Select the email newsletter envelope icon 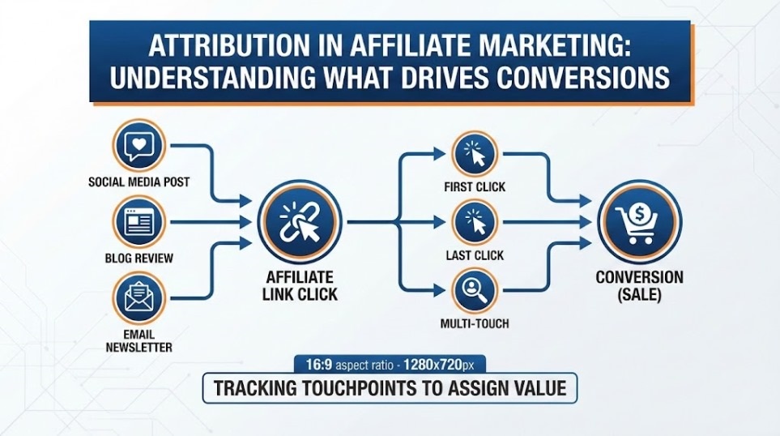(140, 297)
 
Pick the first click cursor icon (475, 153)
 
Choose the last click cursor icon (475, 222)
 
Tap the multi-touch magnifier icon (475, 291)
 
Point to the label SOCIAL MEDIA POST (139, 182)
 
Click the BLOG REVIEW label (139, 259)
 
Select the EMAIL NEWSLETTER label (139, 340)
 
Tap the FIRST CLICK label (475, 187)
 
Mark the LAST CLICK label (475, 255)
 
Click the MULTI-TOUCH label (475, 325)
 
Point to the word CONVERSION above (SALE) (639, 277)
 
